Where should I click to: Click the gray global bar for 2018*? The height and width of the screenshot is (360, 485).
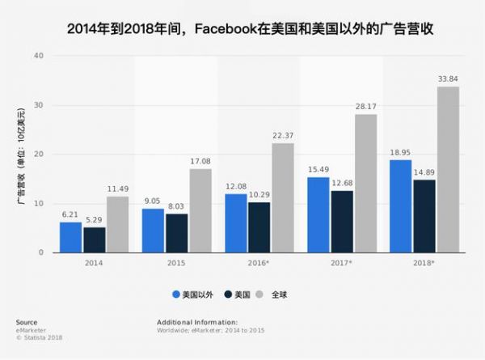click(x=448, y=170)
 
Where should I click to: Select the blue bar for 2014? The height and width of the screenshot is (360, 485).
click(x=70, y=237)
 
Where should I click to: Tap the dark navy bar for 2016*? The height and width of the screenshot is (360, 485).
click(x=259, y=227)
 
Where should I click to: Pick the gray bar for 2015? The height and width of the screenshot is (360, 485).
click(x=200, y=210)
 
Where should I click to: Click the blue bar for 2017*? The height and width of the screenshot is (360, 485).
click(x=318, y=214)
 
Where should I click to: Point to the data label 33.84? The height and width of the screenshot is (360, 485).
click(x=448, y=78)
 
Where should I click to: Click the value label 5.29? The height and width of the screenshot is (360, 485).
click(x=94, y=219)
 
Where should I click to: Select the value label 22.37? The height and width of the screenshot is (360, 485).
click(x=282, y=135)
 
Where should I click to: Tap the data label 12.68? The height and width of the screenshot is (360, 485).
click(x=342, y=183)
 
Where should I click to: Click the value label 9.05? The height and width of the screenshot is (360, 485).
click(x=154, y=201)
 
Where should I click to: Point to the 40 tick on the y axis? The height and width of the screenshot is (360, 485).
click(x=37, y=56)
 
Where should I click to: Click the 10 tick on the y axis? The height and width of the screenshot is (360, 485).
click(x=37, y=203)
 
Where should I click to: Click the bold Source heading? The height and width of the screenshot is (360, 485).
click(x=25, y=322)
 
